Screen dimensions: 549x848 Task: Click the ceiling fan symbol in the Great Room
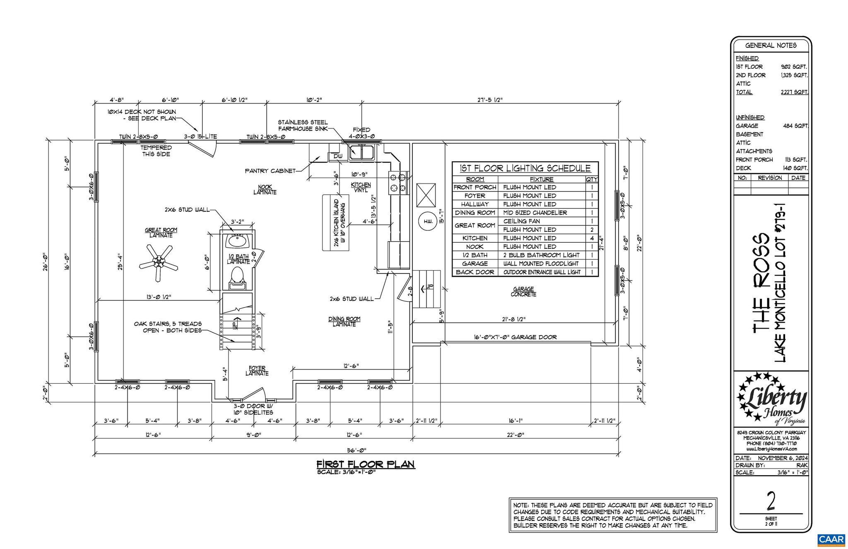click(158, 261)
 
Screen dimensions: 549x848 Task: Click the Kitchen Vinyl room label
click(361, 187)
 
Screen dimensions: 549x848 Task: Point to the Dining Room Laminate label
click(344, 322)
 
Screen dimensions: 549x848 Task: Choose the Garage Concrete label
click(523, 292)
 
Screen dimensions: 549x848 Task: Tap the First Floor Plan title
click(366, 464)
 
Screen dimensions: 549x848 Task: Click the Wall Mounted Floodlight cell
click(542, 264)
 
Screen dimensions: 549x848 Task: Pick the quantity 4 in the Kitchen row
click(592, 238)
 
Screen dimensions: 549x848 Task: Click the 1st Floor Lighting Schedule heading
click(525, 168)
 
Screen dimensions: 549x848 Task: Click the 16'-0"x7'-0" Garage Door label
click(515, 337)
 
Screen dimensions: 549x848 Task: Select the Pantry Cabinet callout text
click(270, 171)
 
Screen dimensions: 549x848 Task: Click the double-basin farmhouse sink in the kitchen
click(361, 152)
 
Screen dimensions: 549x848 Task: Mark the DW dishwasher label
click(338, 156)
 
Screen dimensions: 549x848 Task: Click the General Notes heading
click(771, 46)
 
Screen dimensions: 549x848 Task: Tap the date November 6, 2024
click(783, 458)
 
